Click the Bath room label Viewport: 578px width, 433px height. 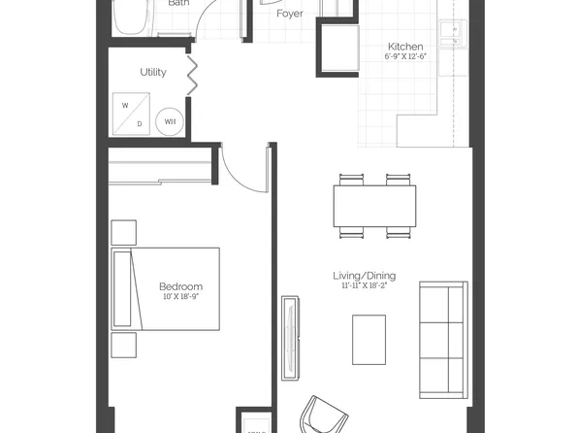pos(178,4)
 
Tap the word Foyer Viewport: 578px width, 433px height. pos(289,15)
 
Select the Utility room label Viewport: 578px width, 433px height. pos(153,72)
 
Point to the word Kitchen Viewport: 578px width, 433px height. pos(405,47)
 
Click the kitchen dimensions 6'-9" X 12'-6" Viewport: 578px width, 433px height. pos(405,57)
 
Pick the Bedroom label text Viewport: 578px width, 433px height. pos(181,286)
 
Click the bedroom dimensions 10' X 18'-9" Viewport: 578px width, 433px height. pos(181,297)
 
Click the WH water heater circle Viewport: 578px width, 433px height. pos(170,121)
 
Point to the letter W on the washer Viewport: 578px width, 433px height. pos(125,106)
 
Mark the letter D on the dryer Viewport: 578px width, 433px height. pos(139,123)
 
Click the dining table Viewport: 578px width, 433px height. pos(374,205)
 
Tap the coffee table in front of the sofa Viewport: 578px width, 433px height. pos(369,339)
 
